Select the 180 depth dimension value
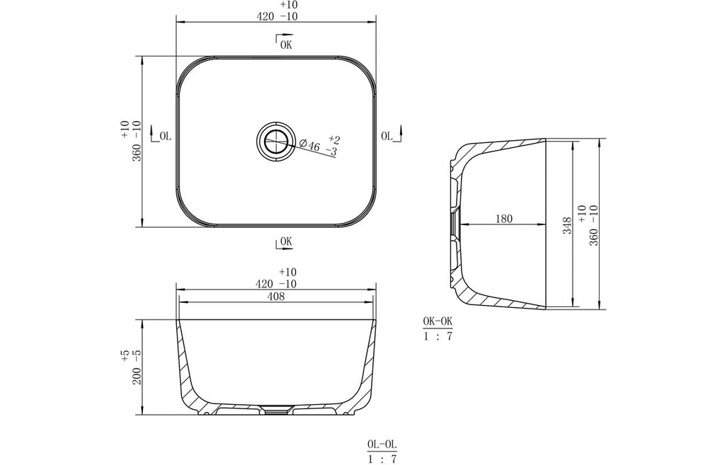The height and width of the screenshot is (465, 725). tap(504, 218)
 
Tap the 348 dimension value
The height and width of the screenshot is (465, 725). tap(568, 226)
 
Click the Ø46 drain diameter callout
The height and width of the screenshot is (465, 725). tap(309, 145)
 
